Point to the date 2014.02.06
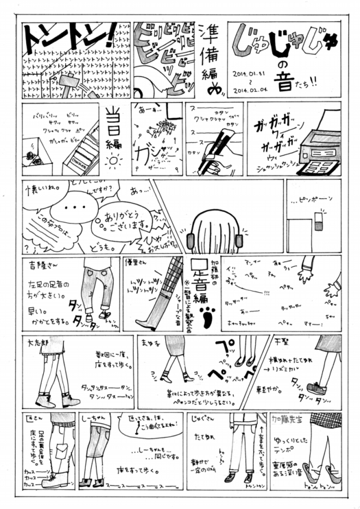(250, 89)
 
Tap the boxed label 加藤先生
(307, 418)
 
